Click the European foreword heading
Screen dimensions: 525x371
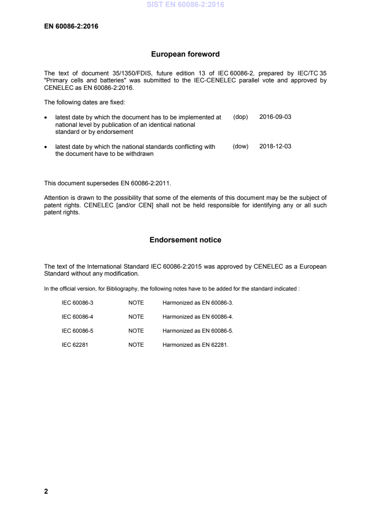[185, 54]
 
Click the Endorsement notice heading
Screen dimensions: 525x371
[185, 240]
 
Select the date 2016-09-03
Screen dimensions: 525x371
[275, 117]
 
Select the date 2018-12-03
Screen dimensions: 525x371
[275, 146]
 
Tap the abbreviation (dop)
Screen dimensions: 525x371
[240, 117]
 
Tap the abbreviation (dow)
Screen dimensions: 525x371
[240, 146]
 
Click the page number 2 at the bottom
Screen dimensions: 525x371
[46, 491]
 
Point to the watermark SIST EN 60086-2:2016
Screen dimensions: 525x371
[185, 5]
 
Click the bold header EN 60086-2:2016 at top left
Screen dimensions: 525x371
[71, 26]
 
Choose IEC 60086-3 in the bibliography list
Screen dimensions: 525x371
[78, 303]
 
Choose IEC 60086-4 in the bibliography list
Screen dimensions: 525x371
[78, 317]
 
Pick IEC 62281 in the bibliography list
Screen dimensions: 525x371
[74, 345]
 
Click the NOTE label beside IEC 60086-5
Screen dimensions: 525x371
[136, 331]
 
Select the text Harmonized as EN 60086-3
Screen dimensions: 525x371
[198, 303]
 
